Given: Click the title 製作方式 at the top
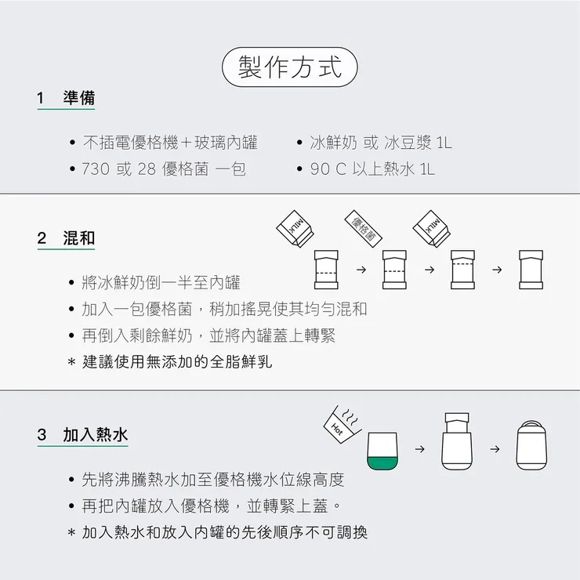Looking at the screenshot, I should click(x=290, y=67).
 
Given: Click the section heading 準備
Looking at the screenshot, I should click(x=79, y=98).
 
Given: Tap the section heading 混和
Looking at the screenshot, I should click(x=79, y=238).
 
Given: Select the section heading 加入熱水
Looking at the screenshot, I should click(x=96, y=434).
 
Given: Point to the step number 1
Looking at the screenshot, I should click(x=41, y=98).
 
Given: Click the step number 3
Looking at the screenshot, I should click(x=42, y=434).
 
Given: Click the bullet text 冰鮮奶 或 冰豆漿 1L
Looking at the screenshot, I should click(x=381, y=143).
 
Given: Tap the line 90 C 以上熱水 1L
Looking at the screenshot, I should click(x=372, y=169).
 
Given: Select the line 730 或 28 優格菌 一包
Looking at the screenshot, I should click(x=164, y=169).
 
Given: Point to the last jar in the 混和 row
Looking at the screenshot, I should click(x=531, y=270).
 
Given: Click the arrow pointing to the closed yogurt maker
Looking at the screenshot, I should click(x=495, y=450).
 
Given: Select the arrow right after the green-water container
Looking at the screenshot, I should click(x=419, y=450).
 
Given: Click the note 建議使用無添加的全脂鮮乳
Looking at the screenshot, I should click(x=177, y=362).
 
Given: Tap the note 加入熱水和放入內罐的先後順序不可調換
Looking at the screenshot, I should click(x=224, y=532).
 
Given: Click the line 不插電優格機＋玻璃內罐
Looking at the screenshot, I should click(x=169, y=143).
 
